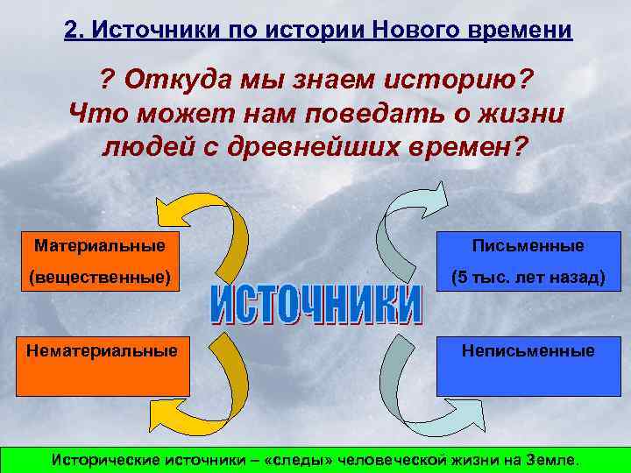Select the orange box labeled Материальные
[x=96, y=262]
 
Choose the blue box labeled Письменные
[x=528, y=262]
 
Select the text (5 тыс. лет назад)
[x=528, y=279]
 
